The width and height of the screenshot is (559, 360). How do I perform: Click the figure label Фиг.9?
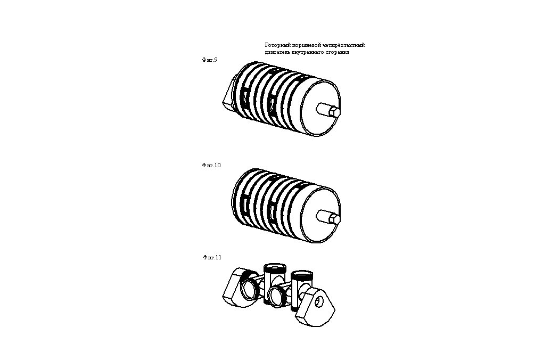(x=210, y=60)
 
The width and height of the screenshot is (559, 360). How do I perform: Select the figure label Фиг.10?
(x=211, y=165)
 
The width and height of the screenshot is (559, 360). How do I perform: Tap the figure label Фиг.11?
(x=212, y=257)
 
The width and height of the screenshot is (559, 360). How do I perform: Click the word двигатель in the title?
(x=277, y=52)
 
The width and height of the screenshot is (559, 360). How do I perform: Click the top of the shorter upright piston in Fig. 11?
(x=302, y=274)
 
